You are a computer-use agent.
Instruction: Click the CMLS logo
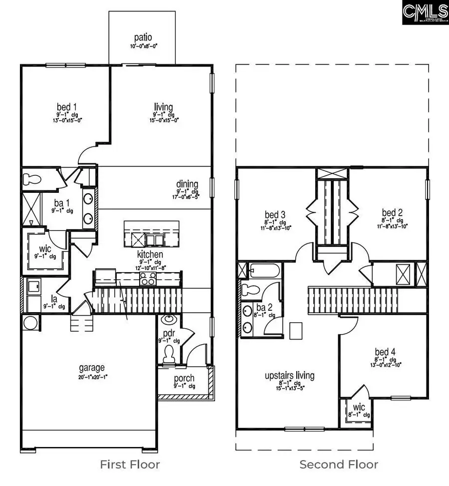pyautogui.click(x=425, y=12)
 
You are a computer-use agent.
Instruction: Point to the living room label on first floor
pyautogui.click(x=163, y=107)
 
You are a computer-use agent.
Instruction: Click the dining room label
pyautogui.click(x=187, y=184)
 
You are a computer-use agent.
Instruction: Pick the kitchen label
pyautogui.click(x=150, y=254)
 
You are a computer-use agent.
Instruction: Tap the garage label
pyautogui.click(x=90, y=368)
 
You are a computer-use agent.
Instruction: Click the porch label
pyautogui.click(x=184, y=378)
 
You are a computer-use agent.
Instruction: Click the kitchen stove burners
pyautogui.click(x=148, y=278)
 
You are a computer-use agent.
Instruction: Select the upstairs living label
pyautogui.click(x=289, y=376)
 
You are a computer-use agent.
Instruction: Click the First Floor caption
pyautogui.click(x=130, y=465)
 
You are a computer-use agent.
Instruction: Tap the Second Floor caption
pyautogui.click(x=338, y=465)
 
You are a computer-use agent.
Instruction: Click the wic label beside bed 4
pyautogui.click(x=358, y=407)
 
